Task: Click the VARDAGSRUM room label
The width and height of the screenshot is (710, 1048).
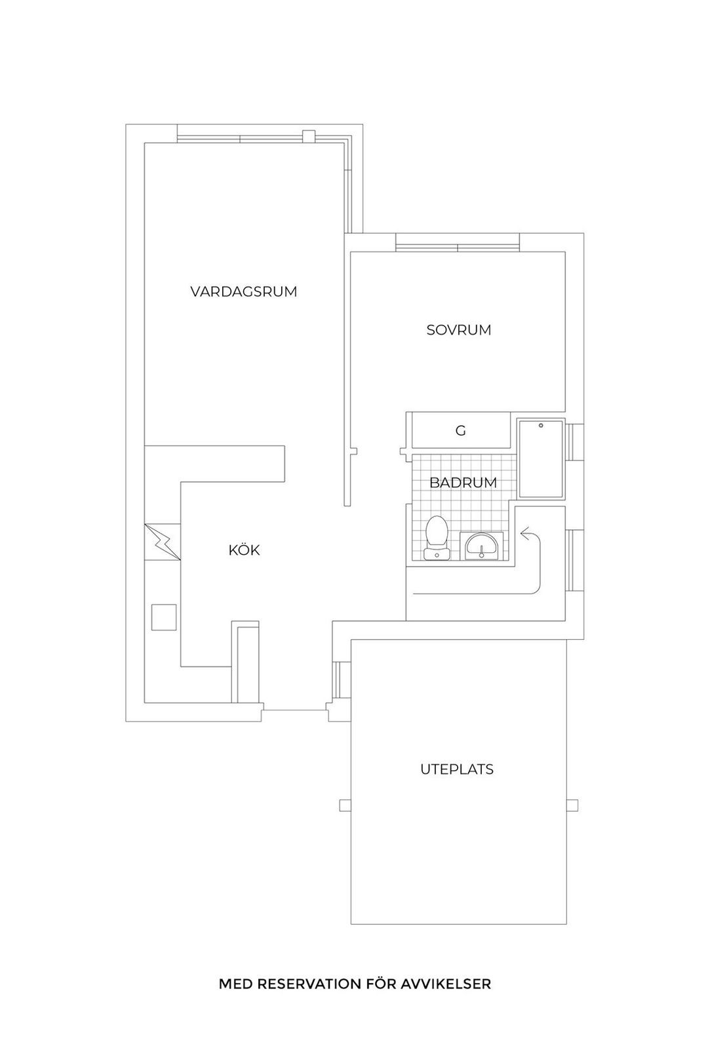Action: [x=244, y=291]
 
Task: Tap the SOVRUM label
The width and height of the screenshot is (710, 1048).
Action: [x=458, y=330]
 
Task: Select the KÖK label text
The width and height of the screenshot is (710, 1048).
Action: [x=244, y=550]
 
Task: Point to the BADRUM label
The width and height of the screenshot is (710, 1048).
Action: [x=463, y=483]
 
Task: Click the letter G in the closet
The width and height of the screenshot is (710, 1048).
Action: [x=460, y=431]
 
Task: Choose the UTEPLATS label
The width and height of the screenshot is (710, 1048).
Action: [x=456, y=769]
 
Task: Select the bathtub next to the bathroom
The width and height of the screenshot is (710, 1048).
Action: [x=540, y=458]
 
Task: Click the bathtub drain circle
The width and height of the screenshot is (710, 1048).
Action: [x=541, y=426]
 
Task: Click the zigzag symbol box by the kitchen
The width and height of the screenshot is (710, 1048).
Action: [x=162, y=542]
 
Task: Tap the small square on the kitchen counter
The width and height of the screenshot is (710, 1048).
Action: [x=163, y=617]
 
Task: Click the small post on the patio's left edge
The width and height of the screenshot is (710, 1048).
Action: [x=345, y=805]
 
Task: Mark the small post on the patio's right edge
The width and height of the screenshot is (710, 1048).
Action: [x=572, y=805]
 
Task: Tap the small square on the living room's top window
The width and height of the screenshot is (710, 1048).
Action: [x=308, y=136]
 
